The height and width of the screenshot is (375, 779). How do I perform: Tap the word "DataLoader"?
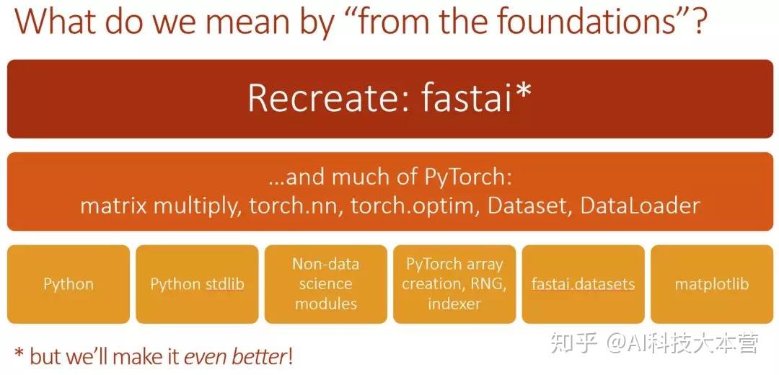[639, 206]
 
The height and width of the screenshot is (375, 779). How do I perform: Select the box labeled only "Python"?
[69, 283]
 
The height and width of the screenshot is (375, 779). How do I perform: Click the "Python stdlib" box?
[197, 283]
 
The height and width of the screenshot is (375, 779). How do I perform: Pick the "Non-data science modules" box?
[326, 283]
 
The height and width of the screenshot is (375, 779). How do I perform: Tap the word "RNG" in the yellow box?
[488, 283]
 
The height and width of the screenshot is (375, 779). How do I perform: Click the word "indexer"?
[454, 303]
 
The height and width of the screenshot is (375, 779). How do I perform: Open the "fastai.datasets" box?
[583, 283]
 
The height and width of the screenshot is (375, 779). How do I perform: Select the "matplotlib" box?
[711, 283]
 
